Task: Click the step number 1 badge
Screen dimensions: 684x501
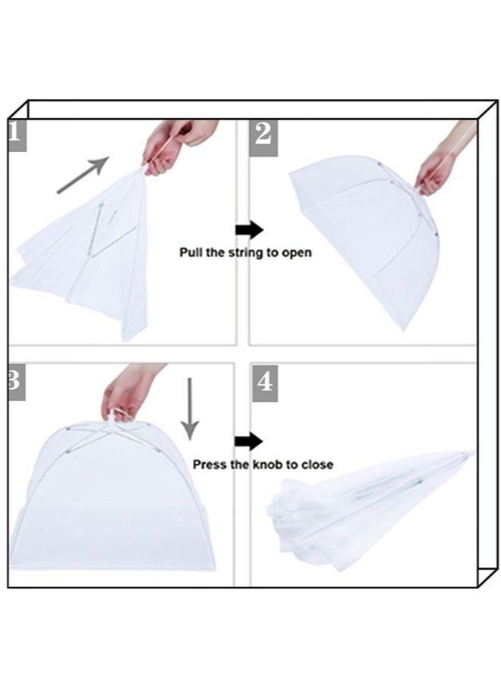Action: [x=17, y=135]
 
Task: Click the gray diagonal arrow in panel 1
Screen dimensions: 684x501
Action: [x=82, y=176]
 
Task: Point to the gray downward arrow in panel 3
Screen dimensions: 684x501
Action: [x=190, y=409]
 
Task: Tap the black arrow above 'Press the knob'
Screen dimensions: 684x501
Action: [x=248, y=442]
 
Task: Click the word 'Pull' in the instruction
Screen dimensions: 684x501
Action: [x=190, y=253]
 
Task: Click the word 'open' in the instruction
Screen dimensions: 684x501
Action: [x=296, y=253]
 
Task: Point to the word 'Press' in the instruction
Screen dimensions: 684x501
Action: [x=210, y=465]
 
